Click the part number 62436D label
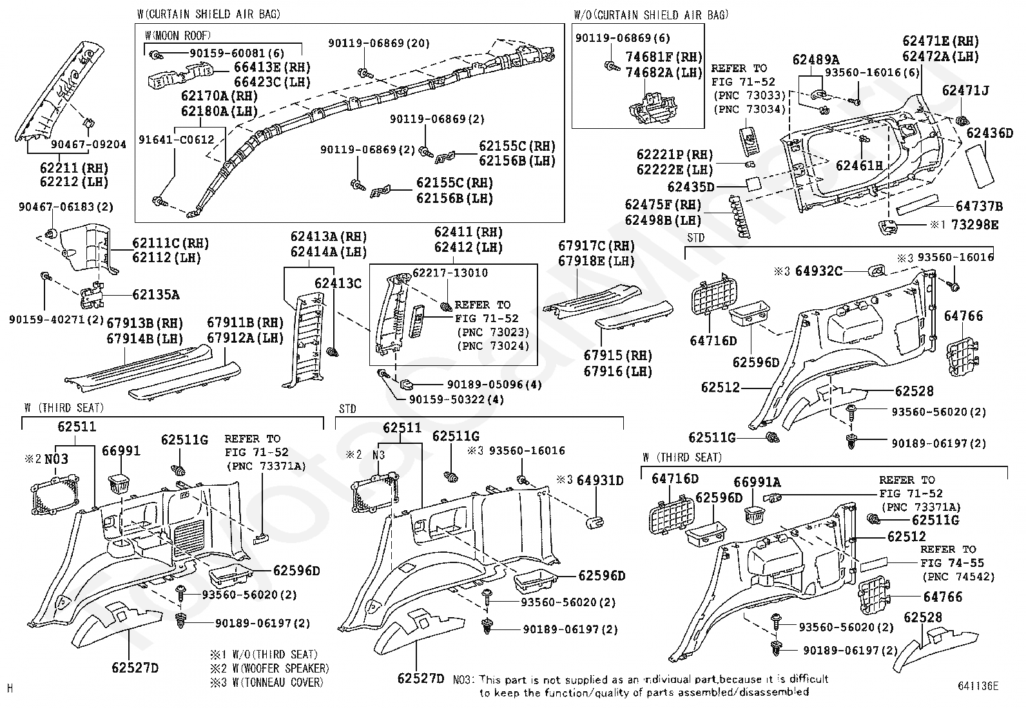point(989,133)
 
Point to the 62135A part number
point(156,294)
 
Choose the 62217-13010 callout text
point(450,273)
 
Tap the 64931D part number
point(600,480)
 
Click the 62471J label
point(965,91)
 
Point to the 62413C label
point(338,283)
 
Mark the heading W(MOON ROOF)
point(177,35)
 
